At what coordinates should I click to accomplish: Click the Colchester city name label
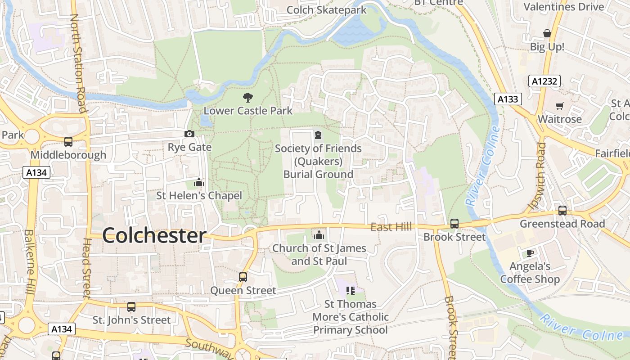154,235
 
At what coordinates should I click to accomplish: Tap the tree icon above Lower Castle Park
247,97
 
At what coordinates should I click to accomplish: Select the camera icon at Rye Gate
189,134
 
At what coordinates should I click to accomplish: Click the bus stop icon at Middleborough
68,142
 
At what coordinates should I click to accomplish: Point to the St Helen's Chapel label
198,196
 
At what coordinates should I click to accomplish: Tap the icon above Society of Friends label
318,135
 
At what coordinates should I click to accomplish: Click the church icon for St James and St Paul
319,234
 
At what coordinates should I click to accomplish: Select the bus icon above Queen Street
243,277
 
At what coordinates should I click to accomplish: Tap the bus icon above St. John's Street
131,307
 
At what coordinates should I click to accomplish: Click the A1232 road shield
544,81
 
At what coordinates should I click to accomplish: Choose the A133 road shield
508,99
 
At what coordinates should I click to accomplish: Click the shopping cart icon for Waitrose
559,106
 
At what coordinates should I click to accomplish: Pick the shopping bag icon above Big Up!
547,33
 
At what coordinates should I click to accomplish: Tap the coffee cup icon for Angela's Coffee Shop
530,253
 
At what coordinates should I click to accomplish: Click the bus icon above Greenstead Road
562,210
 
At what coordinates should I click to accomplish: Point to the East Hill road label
391,227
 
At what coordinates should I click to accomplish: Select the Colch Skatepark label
326,10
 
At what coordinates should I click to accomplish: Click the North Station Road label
78,63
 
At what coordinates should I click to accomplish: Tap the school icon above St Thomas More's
351,290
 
